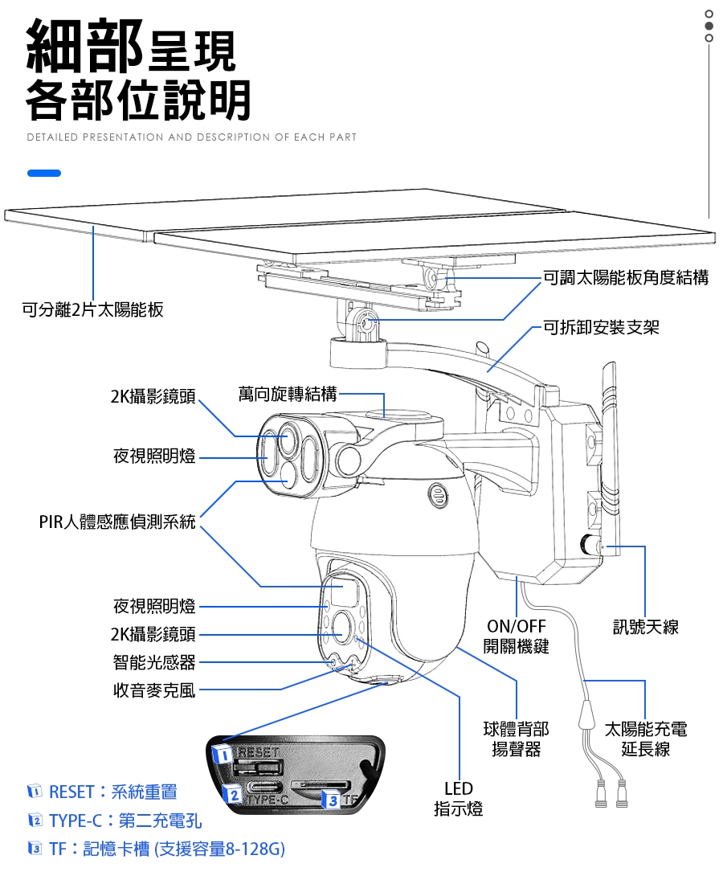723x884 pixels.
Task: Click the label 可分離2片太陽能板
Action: pos(92,310)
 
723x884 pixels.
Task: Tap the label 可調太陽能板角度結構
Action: pos(626,278)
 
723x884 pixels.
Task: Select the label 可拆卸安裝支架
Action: pos(601,327)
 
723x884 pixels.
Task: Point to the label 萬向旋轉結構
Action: pos(288,394)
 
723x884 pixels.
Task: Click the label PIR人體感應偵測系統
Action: pos(117,522)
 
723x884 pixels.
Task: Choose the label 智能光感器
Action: pos(153,662)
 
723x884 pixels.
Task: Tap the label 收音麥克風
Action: pos(153,690)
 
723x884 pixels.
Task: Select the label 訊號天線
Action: pos(645,627)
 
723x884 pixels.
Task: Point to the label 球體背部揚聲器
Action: pos(516,739)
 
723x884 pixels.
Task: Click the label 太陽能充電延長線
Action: pos(645,739)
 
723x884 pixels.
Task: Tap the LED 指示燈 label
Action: pos(459,799)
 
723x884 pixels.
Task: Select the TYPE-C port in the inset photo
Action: pos(264,787)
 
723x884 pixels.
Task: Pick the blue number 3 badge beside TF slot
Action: pos(331,800)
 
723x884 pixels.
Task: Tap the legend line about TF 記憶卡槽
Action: pos(157,849)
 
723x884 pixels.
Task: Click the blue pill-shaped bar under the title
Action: pos(43,173)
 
